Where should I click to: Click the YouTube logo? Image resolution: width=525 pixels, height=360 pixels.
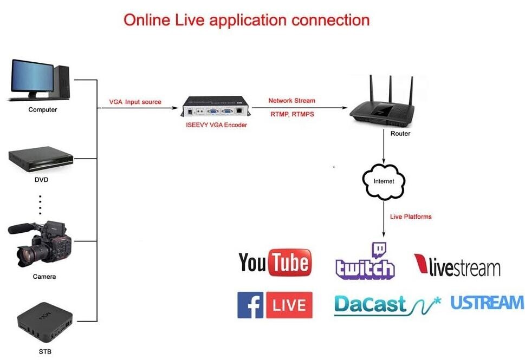(275, 263)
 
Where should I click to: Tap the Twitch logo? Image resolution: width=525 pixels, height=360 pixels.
(365, 263)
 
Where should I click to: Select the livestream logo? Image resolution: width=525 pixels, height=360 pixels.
(457, 266)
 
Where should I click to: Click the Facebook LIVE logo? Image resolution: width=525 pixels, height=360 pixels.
(275, 305)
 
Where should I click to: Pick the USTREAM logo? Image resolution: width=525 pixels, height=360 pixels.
(487, 303)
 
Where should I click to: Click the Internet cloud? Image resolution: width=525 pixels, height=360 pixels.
(384, 181)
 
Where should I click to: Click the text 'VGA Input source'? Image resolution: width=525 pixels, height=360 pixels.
(135, 102)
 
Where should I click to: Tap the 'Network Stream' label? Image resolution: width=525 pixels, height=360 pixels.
(291, 101)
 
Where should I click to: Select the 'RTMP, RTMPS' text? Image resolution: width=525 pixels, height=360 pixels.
(291, 114)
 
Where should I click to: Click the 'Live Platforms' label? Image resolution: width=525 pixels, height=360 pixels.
(411, 217)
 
